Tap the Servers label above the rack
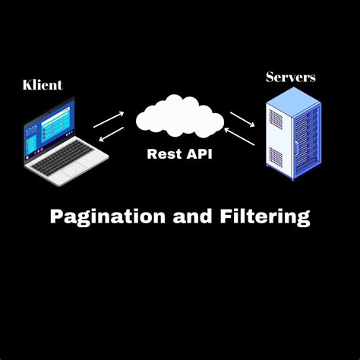[290, 77]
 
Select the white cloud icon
[180, 118]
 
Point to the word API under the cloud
[197, 153]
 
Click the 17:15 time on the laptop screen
[31, 130]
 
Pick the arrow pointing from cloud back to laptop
[111, 134]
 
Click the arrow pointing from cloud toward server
[242, 119]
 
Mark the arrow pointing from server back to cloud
[245, 137]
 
